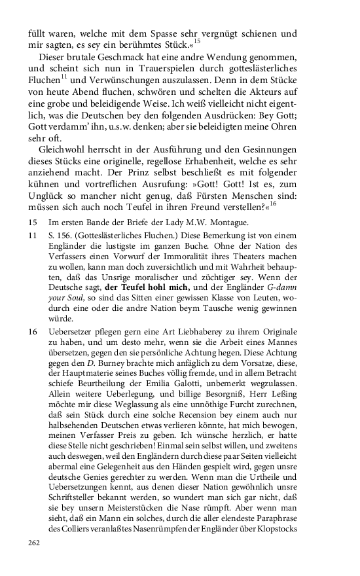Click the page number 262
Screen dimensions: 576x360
(x=34, y=543)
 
